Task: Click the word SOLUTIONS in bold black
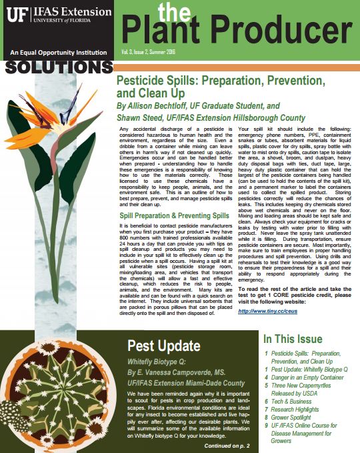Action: pyautogui.click(x=56, y=67)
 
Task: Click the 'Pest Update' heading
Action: pyautogui.click(x=163, y=346)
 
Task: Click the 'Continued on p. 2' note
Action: pyautogui.click(x=227, y=445)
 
